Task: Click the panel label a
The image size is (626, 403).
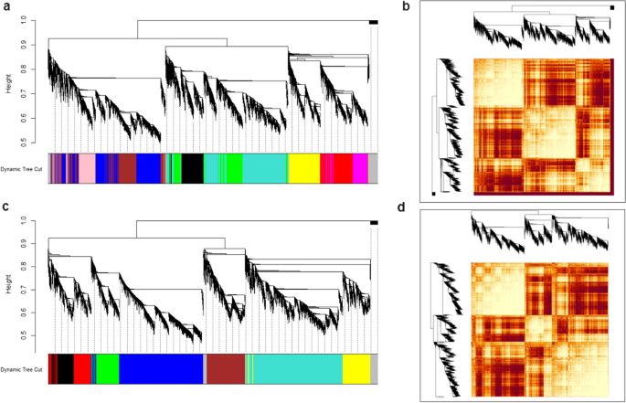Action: point(5,7)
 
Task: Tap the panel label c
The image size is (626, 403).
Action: point(5,207)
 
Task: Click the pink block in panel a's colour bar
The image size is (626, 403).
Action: point(86,169)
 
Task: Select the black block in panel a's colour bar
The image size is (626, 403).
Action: point(192,169)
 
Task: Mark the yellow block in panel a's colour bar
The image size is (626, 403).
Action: point(302,169)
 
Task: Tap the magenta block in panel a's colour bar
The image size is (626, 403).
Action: point(360,169)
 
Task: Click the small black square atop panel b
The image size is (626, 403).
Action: point(611,8)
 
